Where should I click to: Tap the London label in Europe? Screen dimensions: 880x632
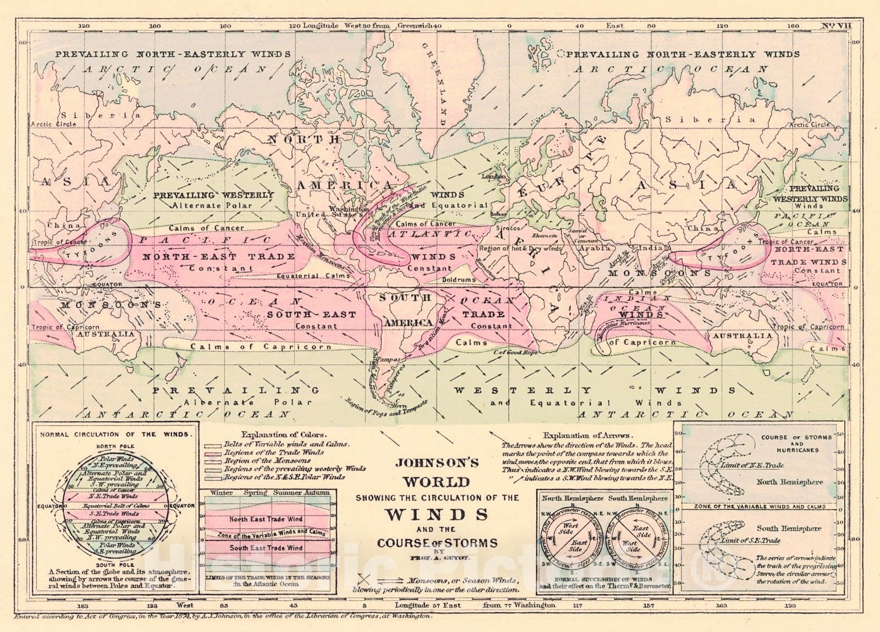point(493,177)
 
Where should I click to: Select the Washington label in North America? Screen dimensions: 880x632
point(349,209)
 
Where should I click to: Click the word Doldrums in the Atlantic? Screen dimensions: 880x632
point(458,279)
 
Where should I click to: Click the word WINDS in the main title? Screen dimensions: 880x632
point(437,514)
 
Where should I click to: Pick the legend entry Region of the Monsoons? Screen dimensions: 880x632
point(267,460)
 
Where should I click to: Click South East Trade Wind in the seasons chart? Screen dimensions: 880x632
point(266,548)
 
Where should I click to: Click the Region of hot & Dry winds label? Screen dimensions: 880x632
point(520,249)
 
